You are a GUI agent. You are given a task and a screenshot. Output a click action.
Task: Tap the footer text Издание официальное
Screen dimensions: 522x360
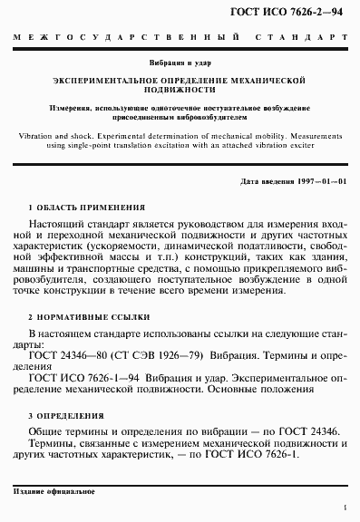click(x=54, y=490)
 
